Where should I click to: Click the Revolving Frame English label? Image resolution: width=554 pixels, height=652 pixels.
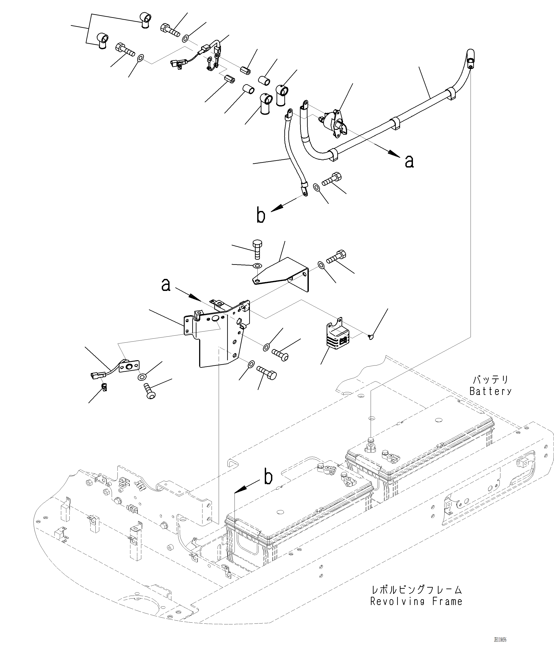[x=416, y=602]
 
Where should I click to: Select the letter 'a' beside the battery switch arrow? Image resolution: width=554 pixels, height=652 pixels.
[x=409, y=161]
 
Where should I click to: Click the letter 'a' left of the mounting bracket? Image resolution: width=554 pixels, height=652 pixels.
[x=166, y=285]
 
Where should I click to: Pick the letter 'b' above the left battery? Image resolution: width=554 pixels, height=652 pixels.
[x=268, y=477]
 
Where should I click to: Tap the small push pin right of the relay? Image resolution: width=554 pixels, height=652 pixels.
[x=371, y=337]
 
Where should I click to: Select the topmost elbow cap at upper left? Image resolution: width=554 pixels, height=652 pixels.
[x=145, y=20]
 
